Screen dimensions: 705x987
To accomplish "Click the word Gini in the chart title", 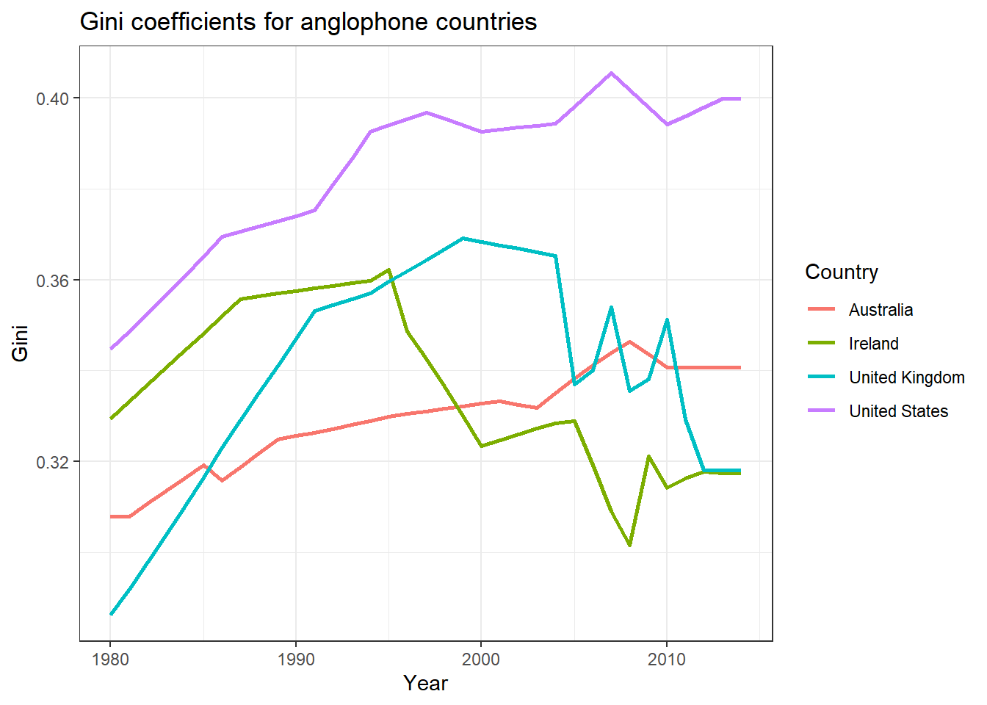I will pos(102,22).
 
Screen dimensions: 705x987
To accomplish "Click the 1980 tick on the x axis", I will pos(111,659).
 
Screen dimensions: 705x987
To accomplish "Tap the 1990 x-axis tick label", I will pos(296,659).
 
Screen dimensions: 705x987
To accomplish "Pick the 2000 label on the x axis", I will pos(481,659).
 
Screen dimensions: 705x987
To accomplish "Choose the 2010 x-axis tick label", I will pos(667,659).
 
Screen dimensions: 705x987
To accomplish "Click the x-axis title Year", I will pos(425,684).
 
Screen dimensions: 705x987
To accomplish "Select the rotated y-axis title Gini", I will pos(21,343).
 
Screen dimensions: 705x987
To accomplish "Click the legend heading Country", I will pos(842,272).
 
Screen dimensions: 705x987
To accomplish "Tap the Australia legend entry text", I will pos(881,310).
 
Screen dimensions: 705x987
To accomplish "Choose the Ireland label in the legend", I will pos(873,344).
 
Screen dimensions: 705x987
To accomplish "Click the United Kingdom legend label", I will pos(907,377).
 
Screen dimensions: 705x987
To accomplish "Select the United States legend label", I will pos(898,411).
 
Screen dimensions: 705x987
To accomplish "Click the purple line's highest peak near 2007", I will pos(611,73).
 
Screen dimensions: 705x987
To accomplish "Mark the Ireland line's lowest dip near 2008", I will pos(630,545).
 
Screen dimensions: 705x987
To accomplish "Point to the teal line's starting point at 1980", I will pos(111,614).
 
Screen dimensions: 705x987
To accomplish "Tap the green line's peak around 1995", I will pos(388,270).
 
